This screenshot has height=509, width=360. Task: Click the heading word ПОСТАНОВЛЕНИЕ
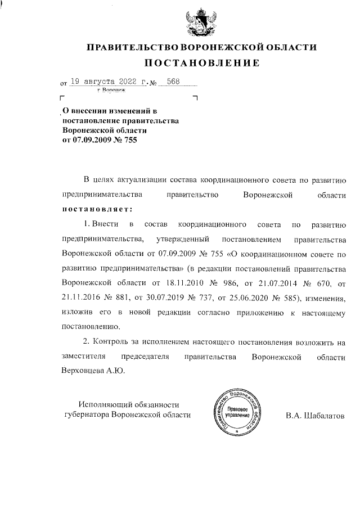[200, 62]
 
